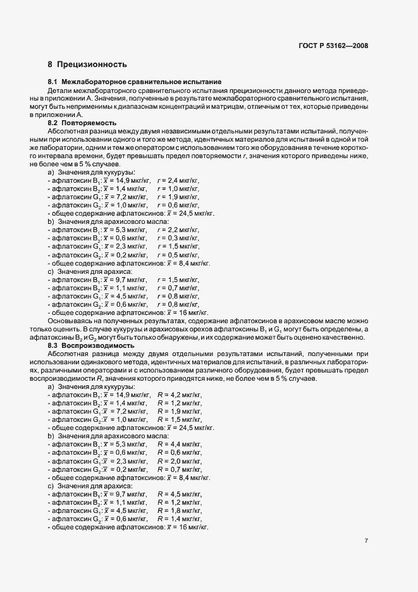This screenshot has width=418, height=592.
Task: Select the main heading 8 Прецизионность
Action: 87,65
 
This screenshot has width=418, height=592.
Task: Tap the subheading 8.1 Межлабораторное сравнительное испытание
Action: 134,82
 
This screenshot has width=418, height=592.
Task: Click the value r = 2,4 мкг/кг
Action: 178,180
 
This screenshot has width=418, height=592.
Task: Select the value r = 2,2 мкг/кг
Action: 178,230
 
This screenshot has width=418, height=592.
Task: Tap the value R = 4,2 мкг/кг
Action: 180,395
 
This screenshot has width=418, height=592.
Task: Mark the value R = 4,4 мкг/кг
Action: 180,445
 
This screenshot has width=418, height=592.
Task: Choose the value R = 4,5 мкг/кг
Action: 180,494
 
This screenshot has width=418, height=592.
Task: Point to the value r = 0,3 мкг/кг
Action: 178,238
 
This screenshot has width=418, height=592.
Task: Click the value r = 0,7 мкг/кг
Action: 178,287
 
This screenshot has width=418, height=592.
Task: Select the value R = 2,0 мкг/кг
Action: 180,461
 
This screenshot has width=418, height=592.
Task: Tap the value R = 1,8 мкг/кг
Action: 180,510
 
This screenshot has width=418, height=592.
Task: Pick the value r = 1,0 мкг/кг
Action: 178,188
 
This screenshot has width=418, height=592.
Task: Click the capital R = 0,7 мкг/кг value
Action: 180,469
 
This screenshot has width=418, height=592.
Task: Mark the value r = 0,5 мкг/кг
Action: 178,254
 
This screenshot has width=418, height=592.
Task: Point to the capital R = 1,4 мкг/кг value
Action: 180,519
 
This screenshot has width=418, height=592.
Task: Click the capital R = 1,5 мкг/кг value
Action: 180,420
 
